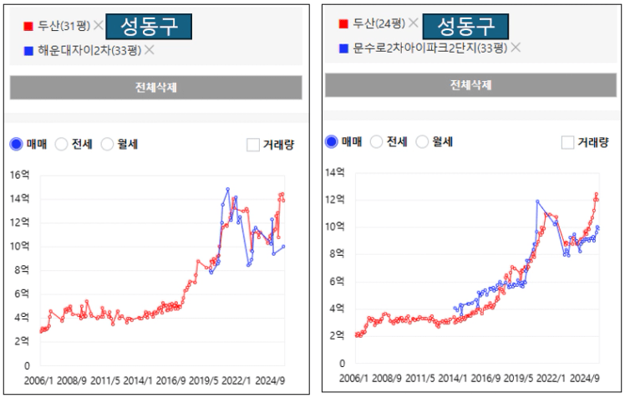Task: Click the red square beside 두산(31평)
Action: click(x=28, y=26)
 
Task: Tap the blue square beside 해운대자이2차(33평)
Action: click(x=28, y=51)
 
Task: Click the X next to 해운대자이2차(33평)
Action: click(x=150, y=50)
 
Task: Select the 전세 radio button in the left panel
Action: click(x=61, y=144)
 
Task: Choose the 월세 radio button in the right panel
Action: click(x=422, y=142)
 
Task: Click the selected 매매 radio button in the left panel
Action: click(x=17, y=144)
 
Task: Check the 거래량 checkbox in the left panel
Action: click(x=253, y=144)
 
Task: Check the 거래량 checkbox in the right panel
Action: click(x=568, y=142)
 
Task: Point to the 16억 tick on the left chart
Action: click(x=20, y=175)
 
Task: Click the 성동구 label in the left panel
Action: click(x=149, y=26)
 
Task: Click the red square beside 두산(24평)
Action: click(x=343, y=24)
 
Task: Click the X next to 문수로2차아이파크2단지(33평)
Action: click(x=516, y=48)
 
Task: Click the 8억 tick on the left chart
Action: click(x=23, y=270)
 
